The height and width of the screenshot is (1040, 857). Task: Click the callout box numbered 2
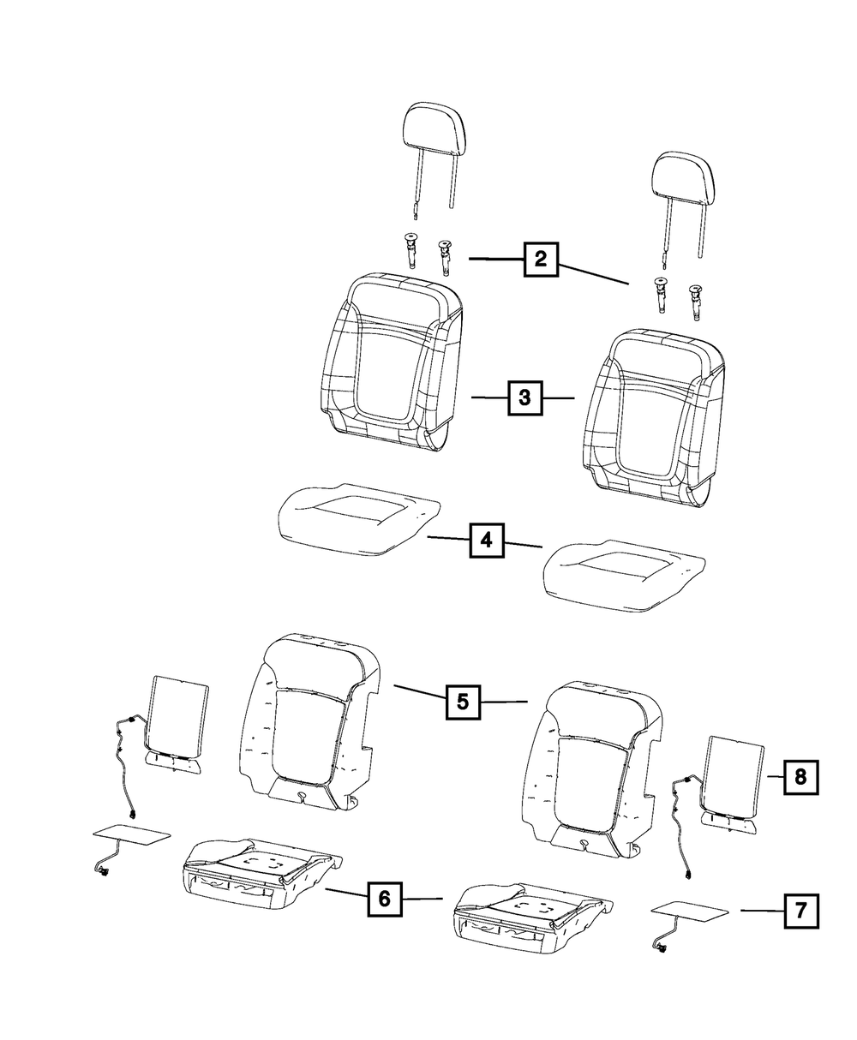point(541,259)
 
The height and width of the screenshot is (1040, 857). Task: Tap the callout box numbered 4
point(486,541)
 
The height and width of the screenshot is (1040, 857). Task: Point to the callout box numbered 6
point(384,899)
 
